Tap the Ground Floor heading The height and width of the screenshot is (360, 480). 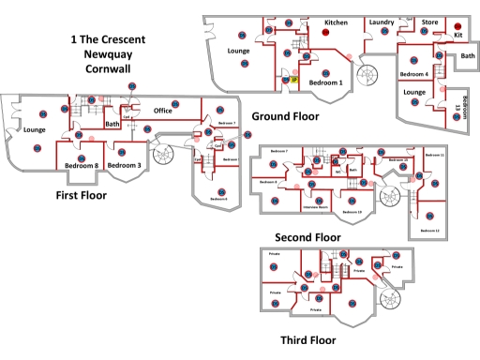pyautogui.click(x=285, y=116)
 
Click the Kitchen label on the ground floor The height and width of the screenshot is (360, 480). pyautogui.click(x=337, y=22)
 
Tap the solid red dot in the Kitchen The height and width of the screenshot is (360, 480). pyautogui.click(x=326, y=33)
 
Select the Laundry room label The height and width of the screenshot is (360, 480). pyautogui.click(x=381, y=22)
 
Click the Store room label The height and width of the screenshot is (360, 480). pyautogui.click(x=429, y=22)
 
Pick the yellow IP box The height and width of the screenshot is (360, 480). pyautogui.click(x=293, y=82)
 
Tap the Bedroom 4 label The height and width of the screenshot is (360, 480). pyautogui.click(x=414, y=74)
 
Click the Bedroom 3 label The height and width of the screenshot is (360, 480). pyautogui.click(x=124, y=166)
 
